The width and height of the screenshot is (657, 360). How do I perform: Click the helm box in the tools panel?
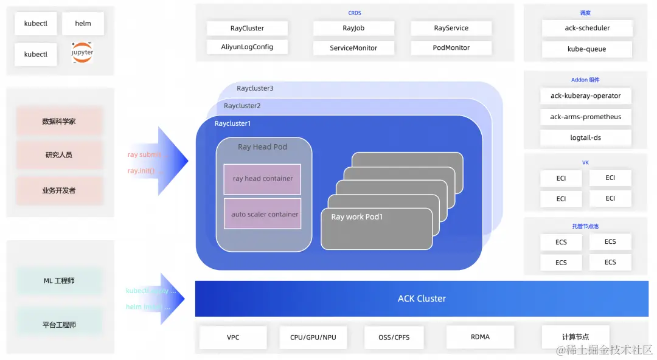point(83,24)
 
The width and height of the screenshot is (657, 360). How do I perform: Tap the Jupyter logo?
point(83,54)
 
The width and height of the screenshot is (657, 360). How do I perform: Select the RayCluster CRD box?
point(247,28)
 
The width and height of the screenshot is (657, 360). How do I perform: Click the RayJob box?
point(353,28)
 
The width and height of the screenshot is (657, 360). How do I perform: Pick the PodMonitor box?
point(451,47)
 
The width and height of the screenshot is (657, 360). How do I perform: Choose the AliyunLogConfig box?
point(247,47)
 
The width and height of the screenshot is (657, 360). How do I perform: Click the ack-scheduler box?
point(586,28)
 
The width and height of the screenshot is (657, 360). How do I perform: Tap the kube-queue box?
point(586,49)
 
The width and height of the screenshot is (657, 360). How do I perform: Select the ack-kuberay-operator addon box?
point(585,96)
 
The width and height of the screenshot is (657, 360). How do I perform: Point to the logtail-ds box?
point(585,138)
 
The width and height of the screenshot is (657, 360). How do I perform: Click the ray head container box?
point(262,179)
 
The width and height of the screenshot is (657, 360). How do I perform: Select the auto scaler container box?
point(262,214)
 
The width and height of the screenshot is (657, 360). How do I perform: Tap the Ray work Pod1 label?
point(357,217)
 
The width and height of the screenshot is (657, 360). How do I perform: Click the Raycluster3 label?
point(255,88)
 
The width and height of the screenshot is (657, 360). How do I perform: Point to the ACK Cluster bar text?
point(422,299)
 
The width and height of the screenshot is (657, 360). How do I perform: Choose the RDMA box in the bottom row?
point(480,337)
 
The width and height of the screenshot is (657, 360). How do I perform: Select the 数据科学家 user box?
point(59,122)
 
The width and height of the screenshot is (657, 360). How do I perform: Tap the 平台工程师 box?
point(59,325)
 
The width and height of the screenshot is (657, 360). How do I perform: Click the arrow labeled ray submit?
point(159,161)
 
